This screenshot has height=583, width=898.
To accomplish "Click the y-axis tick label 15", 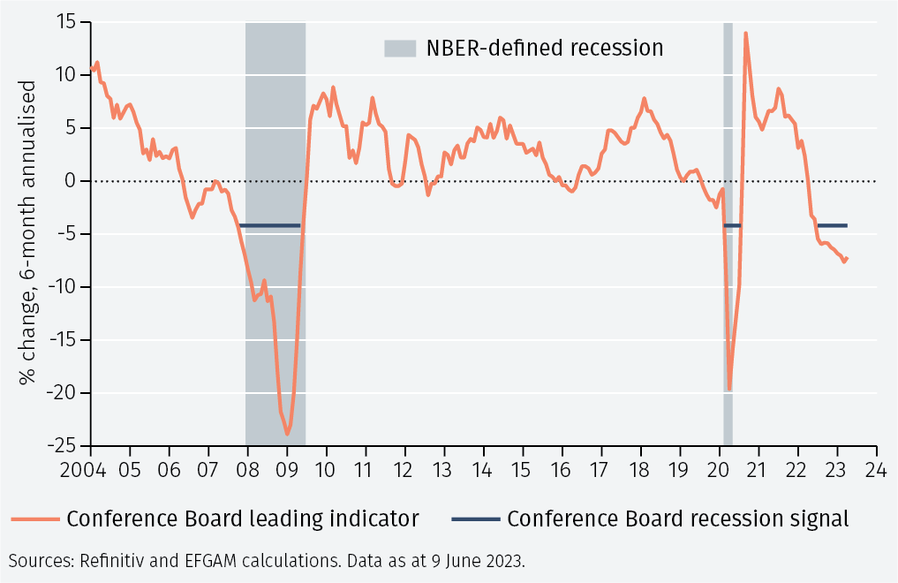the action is (x=66, y=22).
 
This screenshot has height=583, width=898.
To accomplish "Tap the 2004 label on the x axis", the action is (x=90, y=468).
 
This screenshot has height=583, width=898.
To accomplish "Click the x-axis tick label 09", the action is (x=287, y=468).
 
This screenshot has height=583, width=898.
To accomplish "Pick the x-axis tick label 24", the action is (x=876, y=468).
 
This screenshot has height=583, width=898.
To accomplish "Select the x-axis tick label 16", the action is (x=562, y=468).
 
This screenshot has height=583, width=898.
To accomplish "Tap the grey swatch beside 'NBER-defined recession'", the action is (x=399, y=48).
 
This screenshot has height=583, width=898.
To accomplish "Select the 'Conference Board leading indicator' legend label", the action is (x=242, y=519).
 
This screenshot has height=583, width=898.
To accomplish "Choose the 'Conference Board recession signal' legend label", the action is (x=677, y=519).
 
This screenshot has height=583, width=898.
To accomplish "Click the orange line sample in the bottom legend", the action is (x=34, y=519).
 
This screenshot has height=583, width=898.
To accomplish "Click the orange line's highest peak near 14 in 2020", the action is (x=746, y=34).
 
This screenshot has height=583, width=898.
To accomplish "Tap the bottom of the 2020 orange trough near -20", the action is (x=729, y=389).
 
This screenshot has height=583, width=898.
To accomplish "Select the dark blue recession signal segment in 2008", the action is (x=270, y=226).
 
